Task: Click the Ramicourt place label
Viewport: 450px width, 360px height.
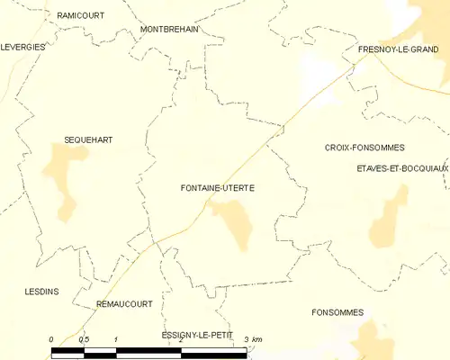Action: pos(79,16)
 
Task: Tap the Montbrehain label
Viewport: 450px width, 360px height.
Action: pos(169,29)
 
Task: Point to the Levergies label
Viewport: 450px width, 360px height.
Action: pos(23,47)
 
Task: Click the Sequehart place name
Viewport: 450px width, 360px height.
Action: pos(88,139)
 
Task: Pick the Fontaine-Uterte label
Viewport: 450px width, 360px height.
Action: pos(217,188)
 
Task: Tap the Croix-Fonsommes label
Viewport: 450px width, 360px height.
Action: pos(364,147)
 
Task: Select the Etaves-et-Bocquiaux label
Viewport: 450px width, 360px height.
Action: pos(402,168)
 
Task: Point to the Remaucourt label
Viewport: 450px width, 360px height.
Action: pos(124,304)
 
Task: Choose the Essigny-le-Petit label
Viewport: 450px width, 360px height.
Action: pos(196,335)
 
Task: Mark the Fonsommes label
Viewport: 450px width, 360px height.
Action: pos(337,312)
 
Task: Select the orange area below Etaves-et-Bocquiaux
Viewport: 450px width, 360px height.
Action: pos(389,216)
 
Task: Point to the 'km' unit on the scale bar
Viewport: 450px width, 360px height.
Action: pos(257,338)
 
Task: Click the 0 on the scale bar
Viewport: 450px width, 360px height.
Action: pos(51,338)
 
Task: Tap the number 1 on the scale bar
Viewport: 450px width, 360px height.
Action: pos(116,338)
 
